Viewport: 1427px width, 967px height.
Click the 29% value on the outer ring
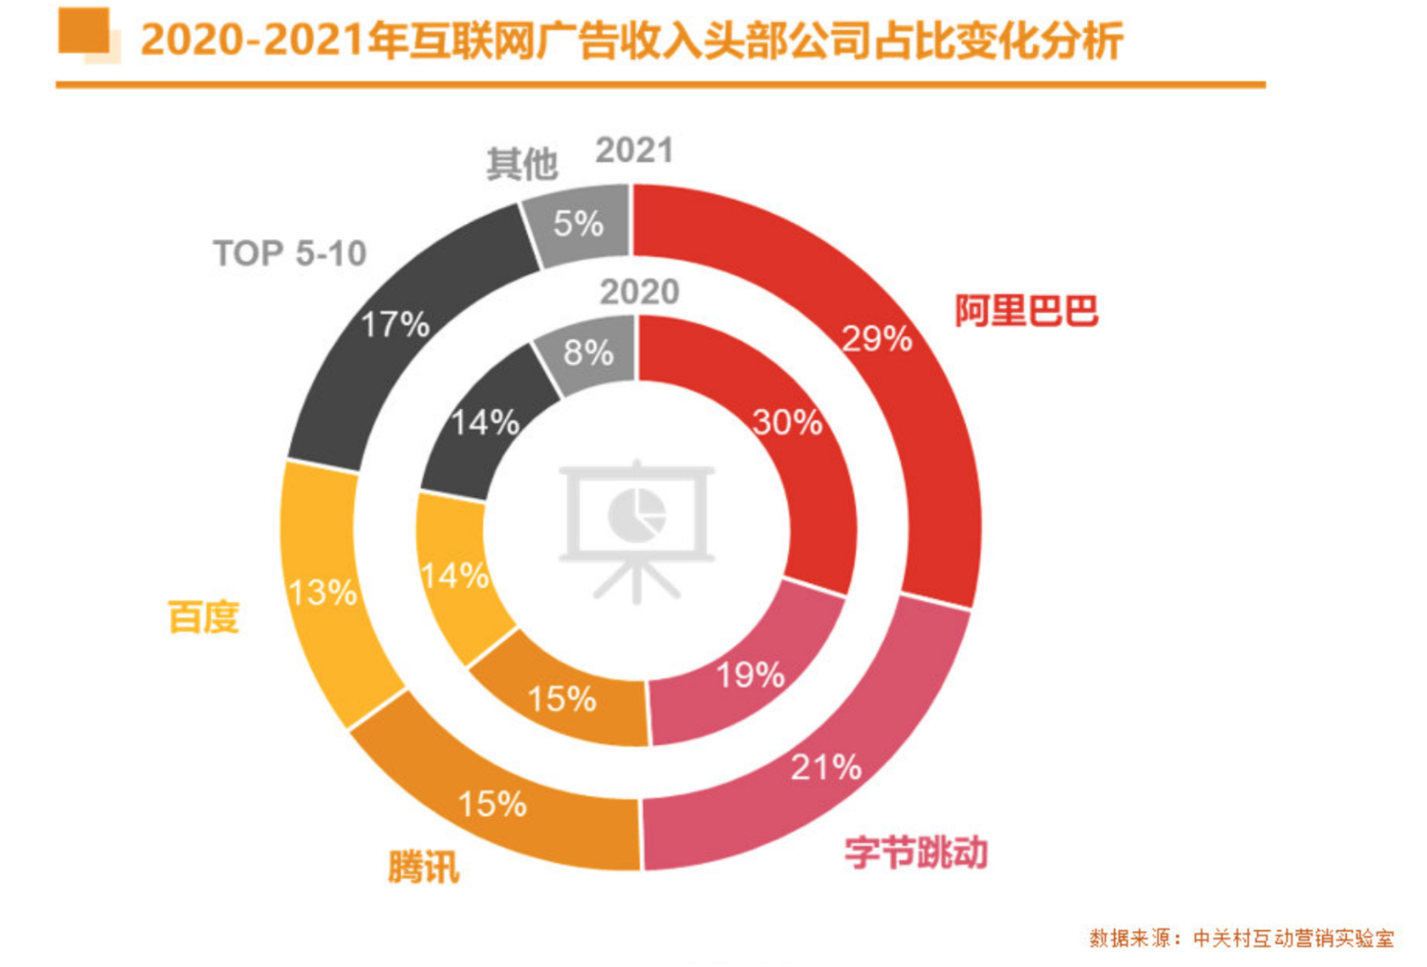pyautogui.click(x=876, y=339)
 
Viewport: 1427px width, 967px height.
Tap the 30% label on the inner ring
pyautogui.click(x=787, y=423)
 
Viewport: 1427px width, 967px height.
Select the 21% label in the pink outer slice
pyautogui.click(x=826, y=767)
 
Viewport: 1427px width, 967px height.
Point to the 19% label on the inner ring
pyautogui.click(x=750, y=675)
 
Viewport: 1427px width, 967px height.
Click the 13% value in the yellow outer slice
pyautogui.click(x=323, y=593)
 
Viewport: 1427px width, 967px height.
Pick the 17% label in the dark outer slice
pyautogui.click(x=395, y=325)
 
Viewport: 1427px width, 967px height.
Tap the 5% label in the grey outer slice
pyautogui.click(x=577, y=224)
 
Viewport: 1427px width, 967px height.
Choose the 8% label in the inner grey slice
pyautogui.click(x=588, y=353)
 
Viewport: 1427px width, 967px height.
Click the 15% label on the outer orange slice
pyautogui.click(x=492, y=804)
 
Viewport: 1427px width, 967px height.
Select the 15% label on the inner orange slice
pyautogui.click(x=561, y=699)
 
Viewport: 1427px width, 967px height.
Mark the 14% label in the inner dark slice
pyautogui.click(x=485, y=423)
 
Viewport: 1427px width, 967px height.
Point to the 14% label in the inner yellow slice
pyautogui.click(x=454, y=576)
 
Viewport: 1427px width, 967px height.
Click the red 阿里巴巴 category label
pyautogui.click(x=1026, y=310)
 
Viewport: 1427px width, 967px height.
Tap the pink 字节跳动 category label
pyautogui.click(x=916, y=852)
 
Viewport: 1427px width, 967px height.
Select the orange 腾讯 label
pyautogui.click(x=424, y=867)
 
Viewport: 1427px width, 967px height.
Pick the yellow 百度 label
pyautogui.click(x=204, y=617)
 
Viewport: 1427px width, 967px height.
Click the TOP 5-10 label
pyautogui.click(x=290, y=254)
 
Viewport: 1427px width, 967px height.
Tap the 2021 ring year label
pyautogui.click(x=634, y=151)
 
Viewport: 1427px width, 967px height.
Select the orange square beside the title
pyautogui.click(x=84, y=31)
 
